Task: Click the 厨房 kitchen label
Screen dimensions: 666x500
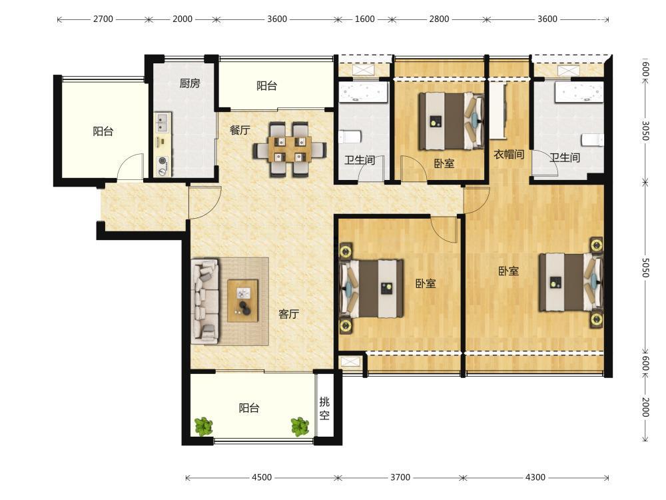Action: point(189,83)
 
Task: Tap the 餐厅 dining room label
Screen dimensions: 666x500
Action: point(240,130)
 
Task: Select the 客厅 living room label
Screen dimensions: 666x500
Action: point(289,314)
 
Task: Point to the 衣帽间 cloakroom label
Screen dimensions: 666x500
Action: point(508,155)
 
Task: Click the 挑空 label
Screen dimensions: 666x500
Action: point(324,408)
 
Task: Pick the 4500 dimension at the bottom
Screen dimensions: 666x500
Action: point(262,477)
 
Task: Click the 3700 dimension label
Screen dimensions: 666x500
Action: point(400,477)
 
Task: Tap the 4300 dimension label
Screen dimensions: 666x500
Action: point(535,477)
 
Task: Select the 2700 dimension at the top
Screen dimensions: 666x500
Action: point(103,19)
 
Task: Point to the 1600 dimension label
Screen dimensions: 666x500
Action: point(364,19)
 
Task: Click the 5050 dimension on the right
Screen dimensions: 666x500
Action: point(645,267)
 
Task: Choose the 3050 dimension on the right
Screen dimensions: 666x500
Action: point(645,131)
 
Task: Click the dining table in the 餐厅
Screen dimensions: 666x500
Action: point(290,149)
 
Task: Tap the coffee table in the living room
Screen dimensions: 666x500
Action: point(242,300)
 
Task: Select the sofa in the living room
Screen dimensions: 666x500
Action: point(205,301)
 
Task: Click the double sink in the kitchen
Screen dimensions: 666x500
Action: point(163,123)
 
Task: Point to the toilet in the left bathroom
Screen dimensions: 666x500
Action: point(350,137)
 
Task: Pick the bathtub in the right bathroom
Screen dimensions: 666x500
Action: point(579,92)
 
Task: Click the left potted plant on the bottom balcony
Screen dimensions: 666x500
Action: point(203,427)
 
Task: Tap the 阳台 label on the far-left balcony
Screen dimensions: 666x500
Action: point(103,131)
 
